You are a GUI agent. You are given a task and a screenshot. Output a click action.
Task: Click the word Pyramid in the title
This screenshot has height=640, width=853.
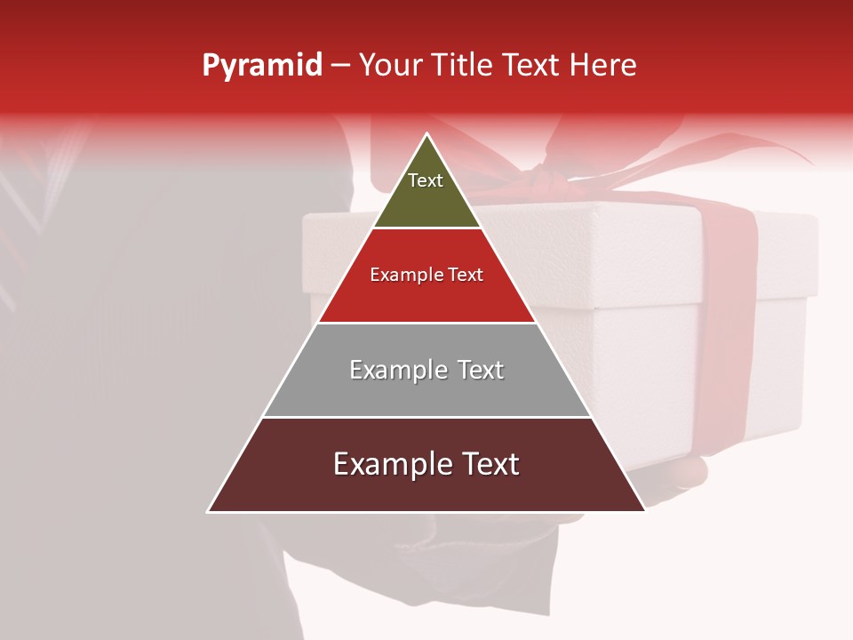[x=261, y=66]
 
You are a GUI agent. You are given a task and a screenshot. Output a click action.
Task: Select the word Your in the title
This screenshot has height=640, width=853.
[x=392, y=66]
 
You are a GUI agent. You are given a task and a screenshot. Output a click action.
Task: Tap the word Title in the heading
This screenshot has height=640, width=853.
[x=463, y=66]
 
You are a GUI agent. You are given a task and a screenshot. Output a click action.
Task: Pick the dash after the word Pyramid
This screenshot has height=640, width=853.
[x=340, y=66]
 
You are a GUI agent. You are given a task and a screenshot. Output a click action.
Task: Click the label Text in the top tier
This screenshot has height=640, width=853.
[x=426, y=180]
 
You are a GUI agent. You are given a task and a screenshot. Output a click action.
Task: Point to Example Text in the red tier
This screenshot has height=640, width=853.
[x=426, y=275]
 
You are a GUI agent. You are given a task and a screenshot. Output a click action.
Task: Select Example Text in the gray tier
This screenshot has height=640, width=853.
[x=426, y=370]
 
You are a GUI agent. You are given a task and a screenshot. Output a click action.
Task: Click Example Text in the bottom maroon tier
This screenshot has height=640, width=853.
[x=426, y=464]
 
